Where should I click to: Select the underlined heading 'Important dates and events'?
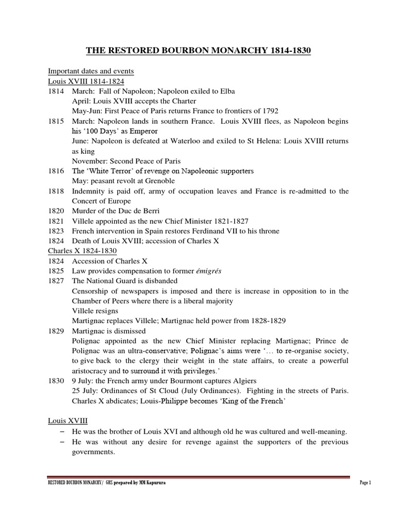90,71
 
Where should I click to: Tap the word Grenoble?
157,181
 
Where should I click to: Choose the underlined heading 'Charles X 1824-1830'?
79,251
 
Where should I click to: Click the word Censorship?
93,291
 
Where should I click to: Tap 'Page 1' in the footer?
365,482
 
